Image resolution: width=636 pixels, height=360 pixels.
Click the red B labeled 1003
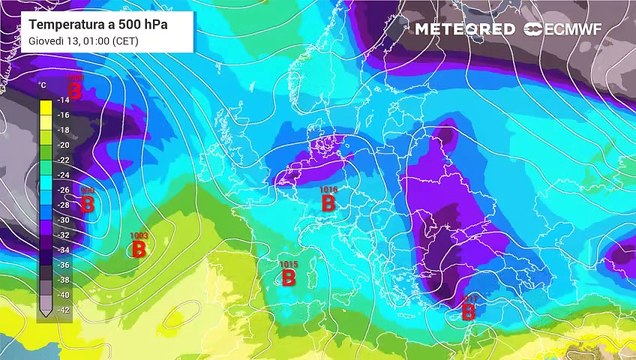(140, 249)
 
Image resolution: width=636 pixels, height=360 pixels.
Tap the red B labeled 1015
(288, 277)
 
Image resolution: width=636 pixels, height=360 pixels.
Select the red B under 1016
(328, 203)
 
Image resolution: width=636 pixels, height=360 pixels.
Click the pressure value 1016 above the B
(328, 188)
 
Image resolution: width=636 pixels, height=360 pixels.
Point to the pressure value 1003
(140, 235)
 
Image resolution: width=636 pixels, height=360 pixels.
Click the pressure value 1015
(288, 263)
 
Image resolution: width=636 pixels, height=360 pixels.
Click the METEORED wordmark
(466, 30)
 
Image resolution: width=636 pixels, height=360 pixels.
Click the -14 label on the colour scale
(63, 100)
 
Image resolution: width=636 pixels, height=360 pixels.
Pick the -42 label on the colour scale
(63, 310)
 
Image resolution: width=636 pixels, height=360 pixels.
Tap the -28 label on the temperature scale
(63, 205)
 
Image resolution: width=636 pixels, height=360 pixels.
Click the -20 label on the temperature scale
(63, 145)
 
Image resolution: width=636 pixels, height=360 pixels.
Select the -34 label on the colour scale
(63, 250)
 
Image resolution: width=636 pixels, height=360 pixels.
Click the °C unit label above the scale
(42, 85)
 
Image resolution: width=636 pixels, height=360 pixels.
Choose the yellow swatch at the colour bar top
(44, 100)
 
